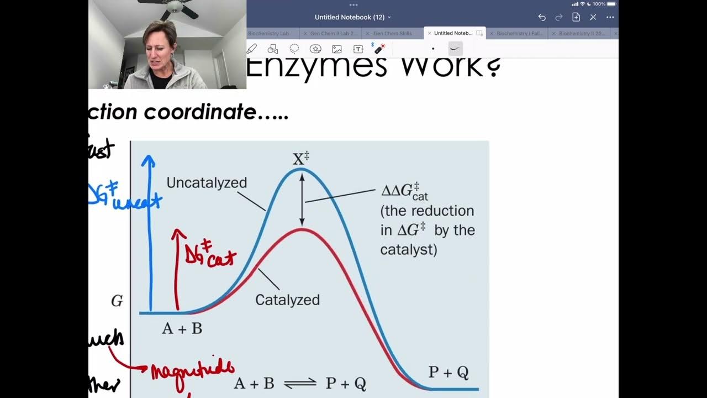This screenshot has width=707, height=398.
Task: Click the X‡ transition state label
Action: click(x=300, y=159)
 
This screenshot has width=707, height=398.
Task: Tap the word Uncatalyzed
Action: click(x=207, y=183)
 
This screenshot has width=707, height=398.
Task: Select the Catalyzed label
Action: click(x=287, y=300)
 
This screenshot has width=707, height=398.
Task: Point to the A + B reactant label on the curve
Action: click(x=182, y=328)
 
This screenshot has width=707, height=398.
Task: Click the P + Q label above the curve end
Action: click(x=449, y=373)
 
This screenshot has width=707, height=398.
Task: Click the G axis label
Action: click(x=117, y=301)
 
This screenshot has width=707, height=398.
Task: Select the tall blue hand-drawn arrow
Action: click(x=149, y=232)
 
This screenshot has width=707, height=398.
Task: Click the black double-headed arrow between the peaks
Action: click(x=302, y=199)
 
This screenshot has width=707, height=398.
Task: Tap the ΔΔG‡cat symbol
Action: click(x=405, y=192)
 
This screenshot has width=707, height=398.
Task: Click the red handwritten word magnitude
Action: click(x=193, y=369)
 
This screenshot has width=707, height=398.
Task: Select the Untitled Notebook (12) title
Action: click(x=350, y=17)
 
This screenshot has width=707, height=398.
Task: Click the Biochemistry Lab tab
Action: click(x=268, y=34)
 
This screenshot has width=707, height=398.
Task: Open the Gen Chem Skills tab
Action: click(x=392, y=34)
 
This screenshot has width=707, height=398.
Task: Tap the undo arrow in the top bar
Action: click(x=542, y=17)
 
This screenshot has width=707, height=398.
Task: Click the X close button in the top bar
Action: click(x=593, y=17)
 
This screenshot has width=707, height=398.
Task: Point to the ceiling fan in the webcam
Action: click(x=173, y=7)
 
